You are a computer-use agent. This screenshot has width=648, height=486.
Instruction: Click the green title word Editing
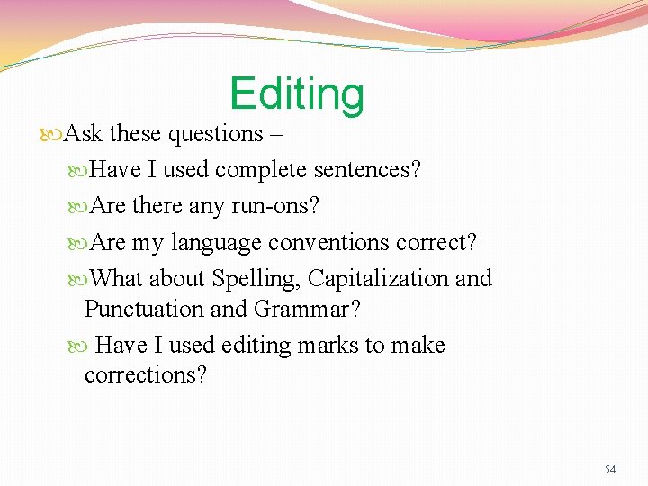[x=297, y=94]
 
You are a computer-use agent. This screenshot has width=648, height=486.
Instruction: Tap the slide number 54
[x=610, y=470]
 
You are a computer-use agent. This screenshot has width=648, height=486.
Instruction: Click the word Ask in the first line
[x=84, y=134]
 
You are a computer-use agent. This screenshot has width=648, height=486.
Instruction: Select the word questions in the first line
[x=216, y=135]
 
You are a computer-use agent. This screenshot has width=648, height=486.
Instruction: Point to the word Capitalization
[x=378, y=280]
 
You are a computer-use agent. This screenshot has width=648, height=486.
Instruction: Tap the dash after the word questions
[x=275, y=135]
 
